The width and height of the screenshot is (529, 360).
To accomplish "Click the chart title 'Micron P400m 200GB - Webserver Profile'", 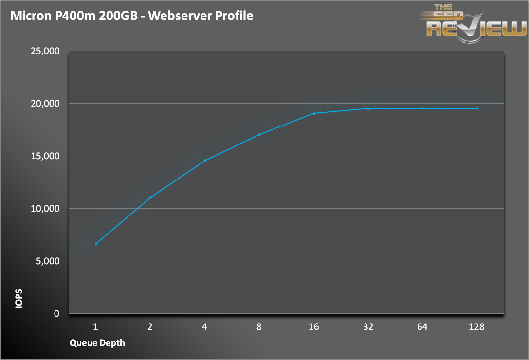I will [x=131, y=16].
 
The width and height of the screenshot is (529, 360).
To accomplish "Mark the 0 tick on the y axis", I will [x=56, y=314].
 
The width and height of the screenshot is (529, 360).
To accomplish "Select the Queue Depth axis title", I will [x=97, y=343].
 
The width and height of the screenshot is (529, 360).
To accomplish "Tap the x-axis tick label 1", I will [x=96, y=327].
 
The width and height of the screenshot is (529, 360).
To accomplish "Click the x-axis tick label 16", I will [x=313, y=327].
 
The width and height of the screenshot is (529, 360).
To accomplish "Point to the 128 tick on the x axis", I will [x=477, y=327].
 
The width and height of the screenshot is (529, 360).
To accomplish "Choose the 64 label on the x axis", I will [x=422, y=327].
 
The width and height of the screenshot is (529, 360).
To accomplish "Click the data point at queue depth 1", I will [x=96, y=243].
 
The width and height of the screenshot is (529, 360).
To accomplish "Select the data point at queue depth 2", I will [x=150, y=197].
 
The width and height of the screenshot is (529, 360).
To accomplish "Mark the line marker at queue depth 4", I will [x=205, y=160].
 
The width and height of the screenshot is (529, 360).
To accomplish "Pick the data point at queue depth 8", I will [x=259, y=134].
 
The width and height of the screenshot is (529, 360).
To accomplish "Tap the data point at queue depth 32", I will [x=368, y=108].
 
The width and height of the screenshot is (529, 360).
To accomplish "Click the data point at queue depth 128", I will [x=477, y=108].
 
